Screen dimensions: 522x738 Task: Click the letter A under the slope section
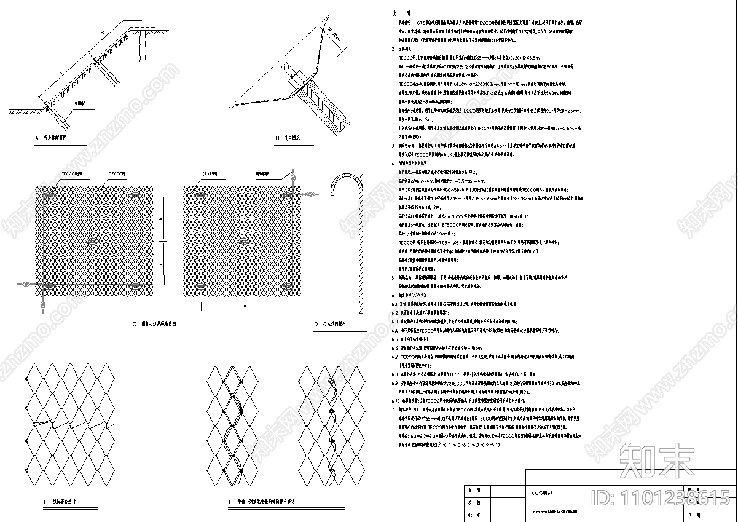[x=37, y=138]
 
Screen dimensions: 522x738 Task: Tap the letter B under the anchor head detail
[x=277, y=138]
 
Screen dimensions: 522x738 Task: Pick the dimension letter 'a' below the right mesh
[x=245, y=304]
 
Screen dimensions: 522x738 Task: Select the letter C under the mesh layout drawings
[x=133, y=323]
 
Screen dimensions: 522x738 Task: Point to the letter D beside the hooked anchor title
[x=316, y=323]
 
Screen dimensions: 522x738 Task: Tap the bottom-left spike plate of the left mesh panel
[x=47, y=285]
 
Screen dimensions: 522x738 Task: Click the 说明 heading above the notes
[x=402, y=13]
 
